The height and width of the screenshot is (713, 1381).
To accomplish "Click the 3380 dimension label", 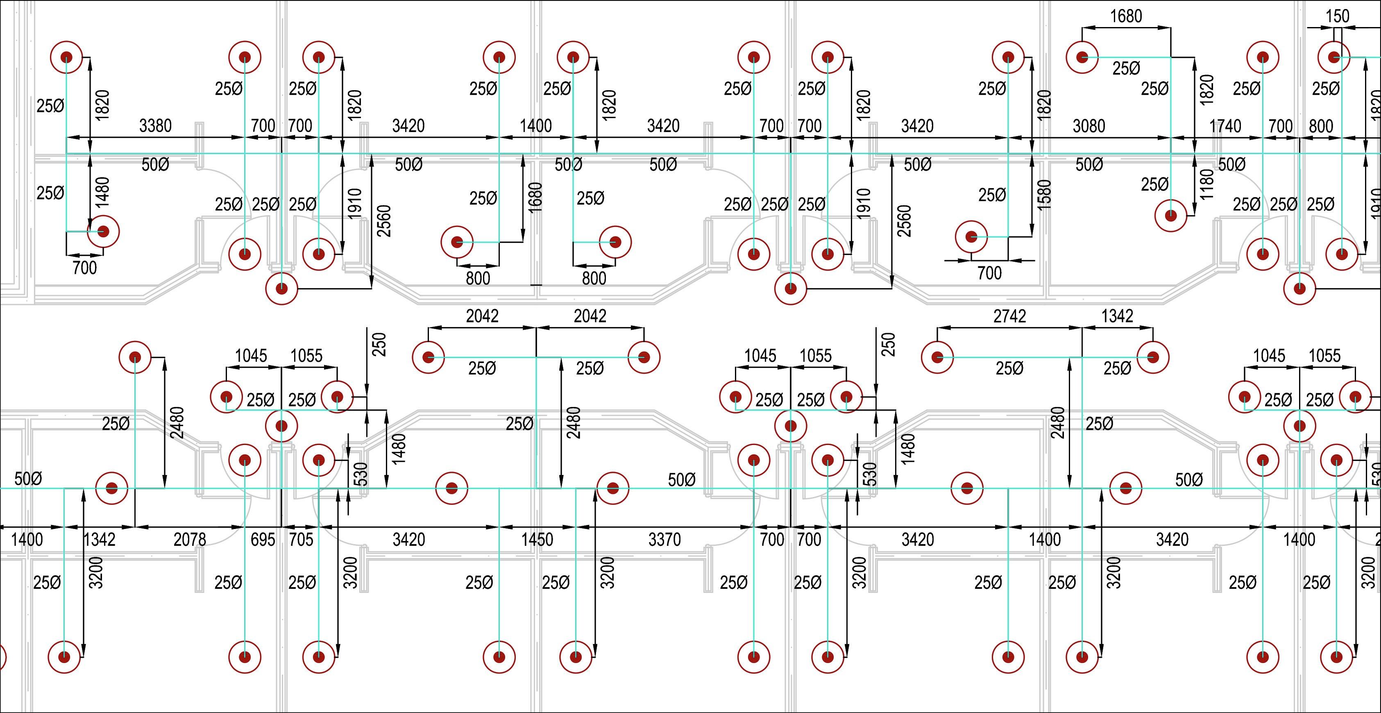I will coord(155,126).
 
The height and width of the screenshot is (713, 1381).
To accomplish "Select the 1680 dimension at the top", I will coord(1126,16).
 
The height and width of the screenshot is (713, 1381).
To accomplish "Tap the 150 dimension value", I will coord(1338,16).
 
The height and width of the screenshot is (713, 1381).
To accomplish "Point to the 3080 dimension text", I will coord(1089,126).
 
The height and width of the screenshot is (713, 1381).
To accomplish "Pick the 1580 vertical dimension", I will coord(1044,194).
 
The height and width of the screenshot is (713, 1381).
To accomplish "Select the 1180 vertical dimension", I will coord(1206,184).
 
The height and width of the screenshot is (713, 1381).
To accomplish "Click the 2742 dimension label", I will coord(1010,316).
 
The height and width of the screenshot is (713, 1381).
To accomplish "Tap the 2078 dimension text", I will coord(190,539).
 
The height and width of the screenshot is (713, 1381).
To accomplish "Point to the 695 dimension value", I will coord(263,539).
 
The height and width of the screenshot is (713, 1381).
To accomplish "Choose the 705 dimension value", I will coord(301,539).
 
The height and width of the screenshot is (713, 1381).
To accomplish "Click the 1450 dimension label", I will coord(537,539).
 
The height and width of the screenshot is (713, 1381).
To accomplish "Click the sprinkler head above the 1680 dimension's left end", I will coord(1082,57).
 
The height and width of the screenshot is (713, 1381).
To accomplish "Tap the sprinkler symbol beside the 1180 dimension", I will coord(1170,216).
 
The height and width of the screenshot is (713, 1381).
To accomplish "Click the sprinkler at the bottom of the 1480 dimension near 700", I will coord(103,232).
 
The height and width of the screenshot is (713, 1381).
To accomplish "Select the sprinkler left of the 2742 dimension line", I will coord(937,357).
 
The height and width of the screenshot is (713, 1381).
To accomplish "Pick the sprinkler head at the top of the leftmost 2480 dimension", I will coord(134,357).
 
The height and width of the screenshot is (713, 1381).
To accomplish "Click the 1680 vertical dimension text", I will coord(535,197).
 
